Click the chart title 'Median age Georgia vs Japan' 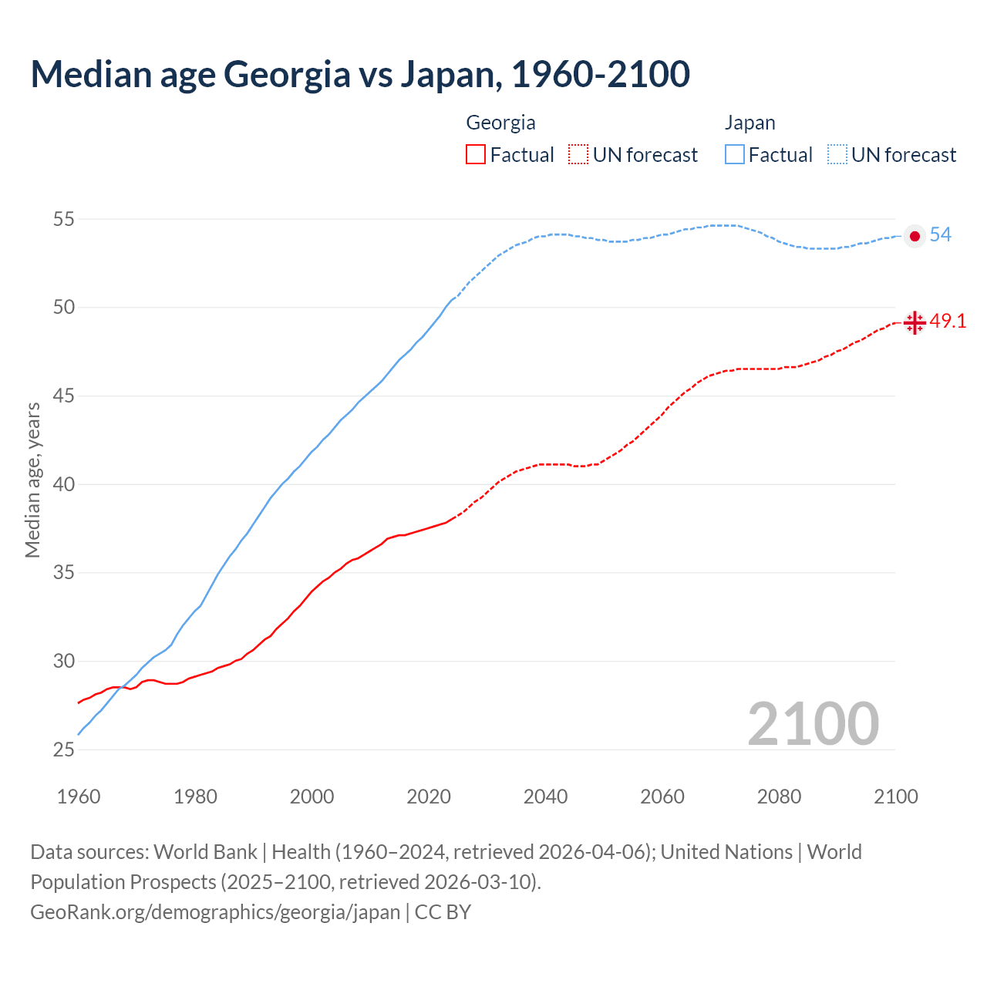360,74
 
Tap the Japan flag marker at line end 915,236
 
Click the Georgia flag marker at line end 915,322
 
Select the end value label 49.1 948,322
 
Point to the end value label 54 940,235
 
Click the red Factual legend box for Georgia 476,155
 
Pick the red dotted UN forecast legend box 578,155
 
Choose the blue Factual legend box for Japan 735,155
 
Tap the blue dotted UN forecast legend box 837,155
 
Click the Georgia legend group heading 500,123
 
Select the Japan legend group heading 750,123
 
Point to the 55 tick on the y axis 63,220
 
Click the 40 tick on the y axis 63,485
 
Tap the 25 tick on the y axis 63,750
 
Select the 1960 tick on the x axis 79,797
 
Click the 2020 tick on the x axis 429,797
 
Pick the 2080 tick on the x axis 779,797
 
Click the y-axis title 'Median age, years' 32,480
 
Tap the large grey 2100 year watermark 813,723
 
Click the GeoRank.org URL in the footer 215,912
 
